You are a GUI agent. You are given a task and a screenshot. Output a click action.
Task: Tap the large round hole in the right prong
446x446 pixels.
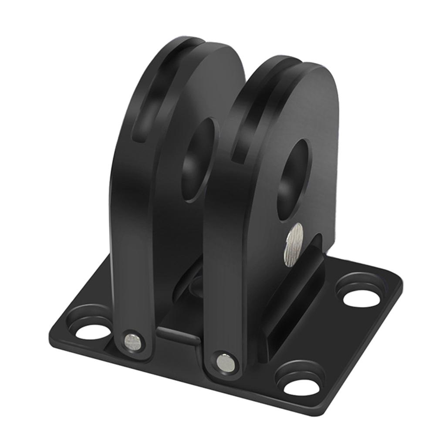294,172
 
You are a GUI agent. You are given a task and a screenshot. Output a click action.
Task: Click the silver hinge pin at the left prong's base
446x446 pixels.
132,340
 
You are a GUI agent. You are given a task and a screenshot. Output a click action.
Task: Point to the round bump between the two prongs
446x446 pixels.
196,285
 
